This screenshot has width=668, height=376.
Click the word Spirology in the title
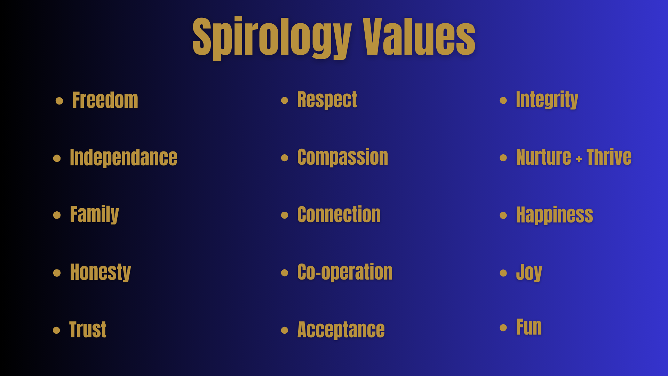pos(272,37)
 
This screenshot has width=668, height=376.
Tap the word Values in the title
pos(419,36)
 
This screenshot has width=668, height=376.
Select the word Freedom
pos(105,100)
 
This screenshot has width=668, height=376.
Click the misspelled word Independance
pos(124,158)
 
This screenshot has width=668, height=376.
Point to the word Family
pos(94,214)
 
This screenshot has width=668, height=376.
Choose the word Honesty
pos(100,272)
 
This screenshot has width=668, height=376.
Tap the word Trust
pos(88,330)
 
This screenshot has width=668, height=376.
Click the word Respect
pos(327,100)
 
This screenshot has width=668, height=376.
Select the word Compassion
pos(343,157)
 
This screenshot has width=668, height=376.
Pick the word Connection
pos(339,214)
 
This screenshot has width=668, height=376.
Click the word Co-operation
pos(345,272)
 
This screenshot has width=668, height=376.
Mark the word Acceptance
pos(341,330)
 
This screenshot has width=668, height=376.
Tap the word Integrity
pos(547,100)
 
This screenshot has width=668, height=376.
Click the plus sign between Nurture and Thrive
pos(579,159)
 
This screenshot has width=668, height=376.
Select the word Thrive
pos(609,157)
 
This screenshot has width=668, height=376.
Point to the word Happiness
pos(555,215)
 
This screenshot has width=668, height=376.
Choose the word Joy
pos(529,272)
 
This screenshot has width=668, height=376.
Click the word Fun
pos(529,327)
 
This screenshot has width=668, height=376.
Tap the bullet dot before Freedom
pos(59,101)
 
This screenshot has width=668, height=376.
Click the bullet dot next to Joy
pos(503,273)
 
